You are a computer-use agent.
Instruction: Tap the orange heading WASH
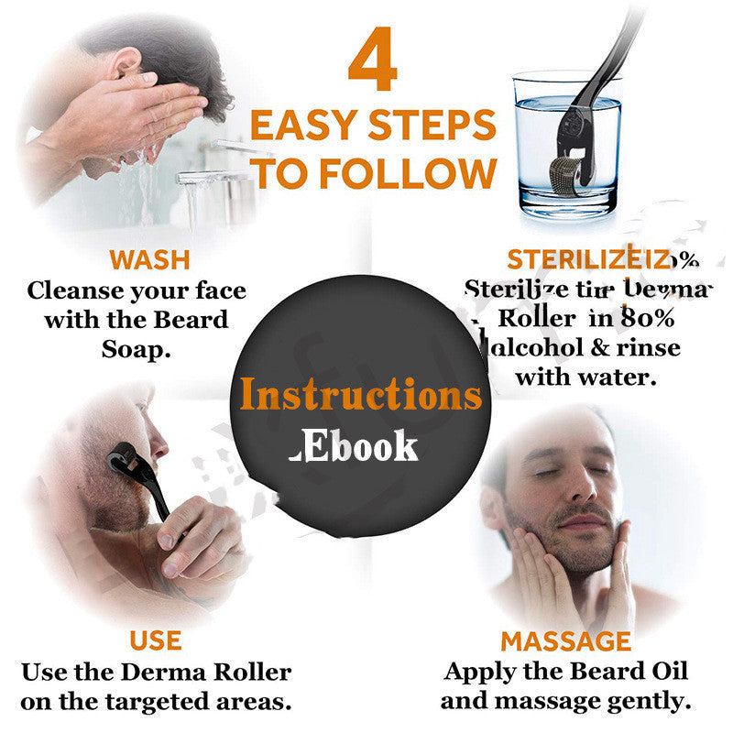click(x=148, y=259)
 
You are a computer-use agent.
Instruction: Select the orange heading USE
click(x=155, y=640)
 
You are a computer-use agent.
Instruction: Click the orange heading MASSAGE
click(x=565, y=640)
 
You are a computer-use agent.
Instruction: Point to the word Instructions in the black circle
click(x=360, y=394)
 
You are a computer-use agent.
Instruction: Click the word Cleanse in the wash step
click(x=75, y=291)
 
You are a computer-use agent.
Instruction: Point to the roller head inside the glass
click(x=582, y=176)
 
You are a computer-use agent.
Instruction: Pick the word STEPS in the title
click(x=437, y=125)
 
